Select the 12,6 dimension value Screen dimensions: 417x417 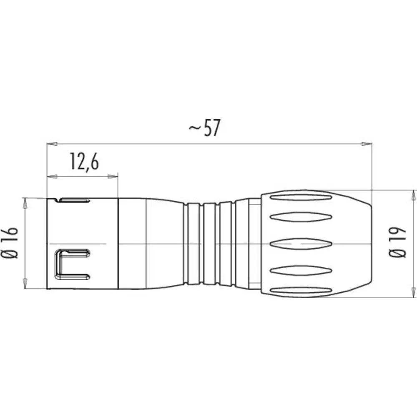(x=84, y=163)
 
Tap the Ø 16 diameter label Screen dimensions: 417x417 (x=12, y=243)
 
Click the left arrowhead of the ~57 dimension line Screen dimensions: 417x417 (x=51, y=144)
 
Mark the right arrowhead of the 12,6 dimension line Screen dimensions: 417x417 (x=113, y=176)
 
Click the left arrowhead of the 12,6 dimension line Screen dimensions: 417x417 (x=51, y=176)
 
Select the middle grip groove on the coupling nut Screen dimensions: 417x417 (x=301, y=243)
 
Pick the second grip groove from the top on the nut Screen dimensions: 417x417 (x=301, y=217)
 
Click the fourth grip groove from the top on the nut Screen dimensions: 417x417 (x=301, y=269)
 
